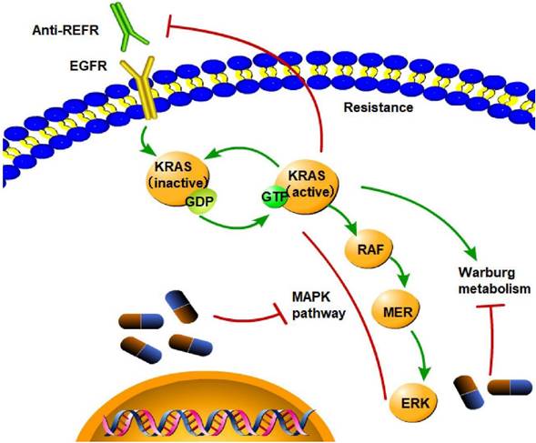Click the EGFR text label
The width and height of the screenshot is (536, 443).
point(82,67)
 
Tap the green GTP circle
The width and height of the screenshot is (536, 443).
point(273,196)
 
